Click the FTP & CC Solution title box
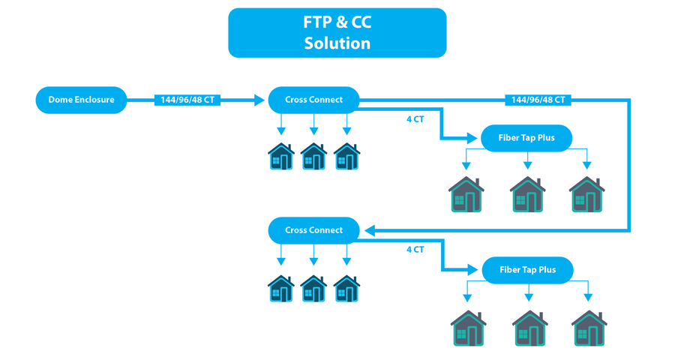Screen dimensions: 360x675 (x=337, y=33)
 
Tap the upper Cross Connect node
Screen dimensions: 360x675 (x=313, y=100)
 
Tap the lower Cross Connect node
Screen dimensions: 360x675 (x=313, y=230)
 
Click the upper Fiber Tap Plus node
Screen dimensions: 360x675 (x=526, y=138)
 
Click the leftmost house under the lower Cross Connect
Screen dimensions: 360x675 (x=281, y=288)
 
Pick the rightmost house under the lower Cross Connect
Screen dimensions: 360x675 (x=346, y=288)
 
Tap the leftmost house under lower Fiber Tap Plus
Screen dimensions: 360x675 (x=468, y=328)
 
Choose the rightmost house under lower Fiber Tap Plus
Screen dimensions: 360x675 (x=589, y=328)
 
